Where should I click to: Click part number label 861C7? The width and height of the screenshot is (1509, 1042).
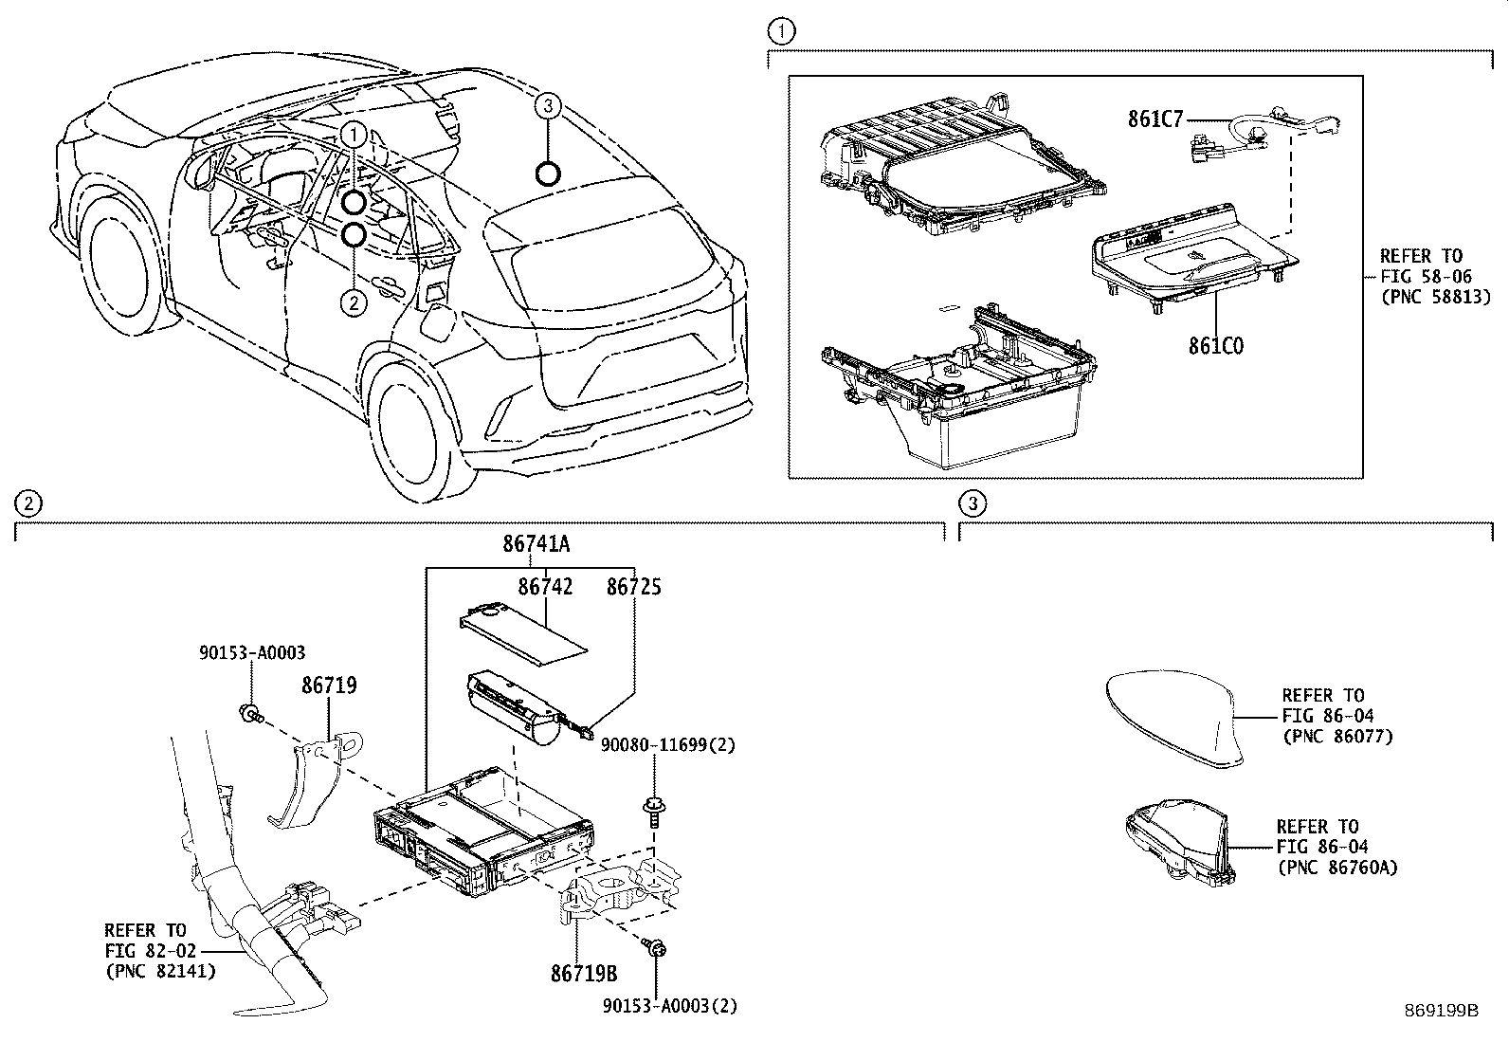1155,119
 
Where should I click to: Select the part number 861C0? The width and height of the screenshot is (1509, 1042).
1216,345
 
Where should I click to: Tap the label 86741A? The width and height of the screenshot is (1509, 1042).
536,544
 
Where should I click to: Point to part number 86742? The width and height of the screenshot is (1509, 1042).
545,587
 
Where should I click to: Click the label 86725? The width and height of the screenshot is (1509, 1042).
633,587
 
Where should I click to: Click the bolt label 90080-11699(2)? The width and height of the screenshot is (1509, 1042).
668,745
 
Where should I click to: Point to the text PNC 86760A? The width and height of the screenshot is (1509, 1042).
1336,867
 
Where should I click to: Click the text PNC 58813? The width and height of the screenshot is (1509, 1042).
1435,297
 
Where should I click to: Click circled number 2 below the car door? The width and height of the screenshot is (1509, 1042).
353,302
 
